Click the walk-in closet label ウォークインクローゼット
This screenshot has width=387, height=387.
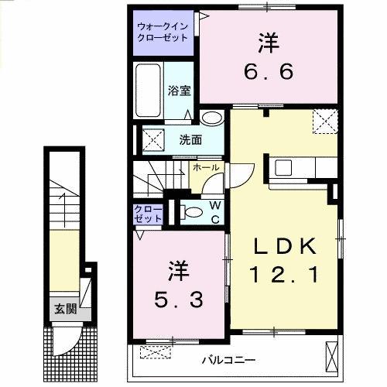(162, 30)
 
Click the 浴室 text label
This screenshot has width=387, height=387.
(179, 90)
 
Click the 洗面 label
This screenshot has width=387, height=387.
(190, 140)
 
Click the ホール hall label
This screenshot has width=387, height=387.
(205, 167)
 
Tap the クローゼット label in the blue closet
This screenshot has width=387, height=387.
(149, 214)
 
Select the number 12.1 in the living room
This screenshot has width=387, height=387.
(284, 273)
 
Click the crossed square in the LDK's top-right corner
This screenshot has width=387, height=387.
(323, 121)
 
